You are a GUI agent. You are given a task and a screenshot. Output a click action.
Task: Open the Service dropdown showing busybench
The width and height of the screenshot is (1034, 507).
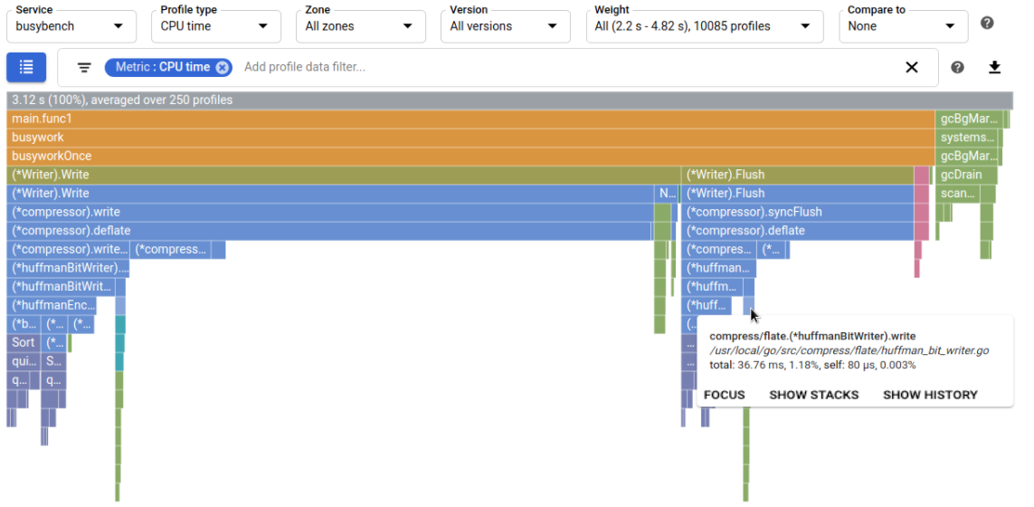[71, 26]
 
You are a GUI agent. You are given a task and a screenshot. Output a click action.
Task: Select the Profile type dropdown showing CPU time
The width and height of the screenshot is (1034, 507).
[215, 26]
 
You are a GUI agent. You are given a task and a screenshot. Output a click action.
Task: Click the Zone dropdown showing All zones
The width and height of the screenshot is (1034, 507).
[360, 26]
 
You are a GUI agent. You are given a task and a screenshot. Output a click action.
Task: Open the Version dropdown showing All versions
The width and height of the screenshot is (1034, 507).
[505, 26]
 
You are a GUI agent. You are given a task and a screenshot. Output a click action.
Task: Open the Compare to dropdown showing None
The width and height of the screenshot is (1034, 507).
[902, 26]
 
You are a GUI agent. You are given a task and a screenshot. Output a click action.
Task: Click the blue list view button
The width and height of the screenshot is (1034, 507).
[26, 67]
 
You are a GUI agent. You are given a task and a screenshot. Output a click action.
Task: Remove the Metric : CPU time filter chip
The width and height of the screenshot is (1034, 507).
[223, 67]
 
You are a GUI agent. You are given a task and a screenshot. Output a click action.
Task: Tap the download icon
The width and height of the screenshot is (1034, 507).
[995, 67]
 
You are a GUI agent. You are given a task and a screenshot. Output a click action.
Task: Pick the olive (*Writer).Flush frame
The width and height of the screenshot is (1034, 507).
[796, 175]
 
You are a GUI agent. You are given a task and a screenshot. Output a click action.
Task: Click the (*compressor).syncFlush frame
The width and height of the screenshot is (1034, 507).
[796, 212]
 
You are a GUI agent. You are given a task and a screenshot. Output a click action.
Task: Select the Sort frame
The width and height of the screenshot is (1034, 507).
[23, 342]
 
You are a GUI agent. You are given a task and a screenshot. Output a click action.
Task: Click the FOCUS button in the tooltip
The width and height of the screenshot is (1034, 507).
[725, 395]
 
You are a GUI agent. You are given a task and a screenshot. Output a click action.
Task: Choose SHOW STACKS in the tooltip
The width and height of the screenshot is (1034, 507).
[813, 395]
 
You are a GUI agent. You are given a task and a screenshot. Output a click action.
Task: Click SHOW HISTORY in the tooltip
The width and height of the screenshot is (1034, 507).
[930, 395]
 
